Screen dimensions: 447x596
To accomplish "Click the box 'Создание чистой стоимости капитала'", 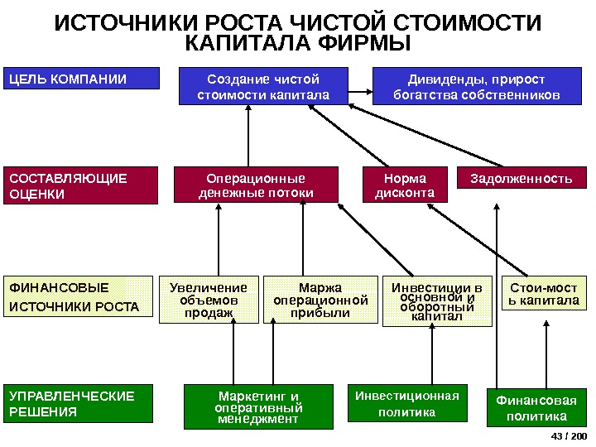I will pos(262,87).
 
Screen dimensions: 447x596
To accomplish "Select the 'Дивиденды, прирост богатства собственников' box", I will pos(476,87).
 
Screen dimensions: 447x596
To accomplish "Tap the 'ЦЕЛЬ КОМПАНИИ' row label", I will pos(81,79).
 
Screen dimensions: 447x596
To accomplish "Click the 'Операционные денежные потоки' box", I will pos(256,185).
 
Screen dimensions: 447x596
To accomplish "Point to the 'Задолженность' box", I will pos(521,178).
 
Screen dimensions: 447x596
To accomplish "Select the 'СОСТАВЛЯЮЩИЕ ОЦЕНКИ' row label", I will pos(81,186).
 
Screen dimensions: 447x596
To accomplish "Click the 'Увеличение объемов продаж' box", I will pos(209,300).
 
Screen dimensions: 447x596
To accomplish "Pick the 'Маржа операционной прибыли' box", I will pos(320,300).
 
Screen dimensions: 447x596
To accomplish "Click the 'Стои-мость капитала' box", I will pos(544,293).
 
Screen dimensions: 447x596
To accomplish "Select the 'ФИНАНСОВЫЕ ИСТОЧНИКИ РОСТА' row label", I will pos(81,298).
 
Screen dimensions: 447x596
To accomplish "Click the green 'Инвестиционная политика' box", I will pos(406,403).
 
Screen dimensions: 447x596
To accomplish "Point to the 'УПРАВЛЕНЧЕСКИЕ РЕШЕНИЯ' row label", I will pos(81,404).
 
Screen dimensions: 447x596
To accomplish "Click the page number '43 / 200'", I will pos(569,436).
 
